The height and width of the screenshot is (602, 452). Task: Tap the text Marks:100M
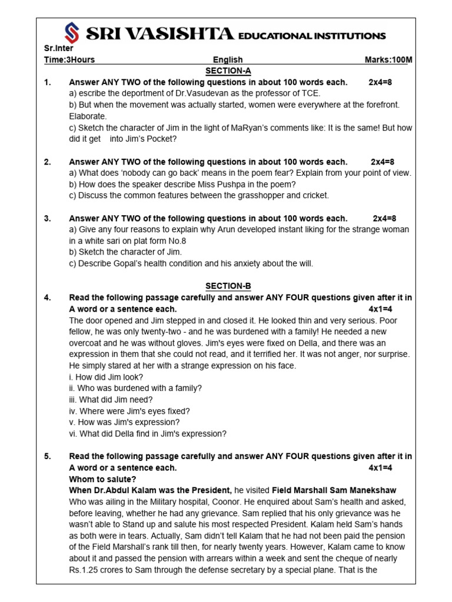tap(388, 60)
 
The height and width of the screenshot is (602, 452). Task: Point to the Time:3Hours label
tap(69, 60)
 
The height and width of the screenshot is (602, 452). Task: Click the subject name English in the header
tap(228, 60)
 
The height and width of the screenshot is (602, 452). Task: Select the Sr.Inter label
tap(59, 49)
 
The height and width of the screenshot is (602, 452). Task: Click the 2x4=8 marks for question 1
tap(380, 82)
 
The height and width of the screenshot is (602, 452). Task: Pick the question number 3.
tap(48, 219)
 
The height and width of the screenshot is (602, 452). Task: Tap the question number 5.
tap(48, 456)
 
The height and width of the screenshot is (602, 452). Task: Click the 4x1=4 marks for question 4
tap(380, 309)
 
